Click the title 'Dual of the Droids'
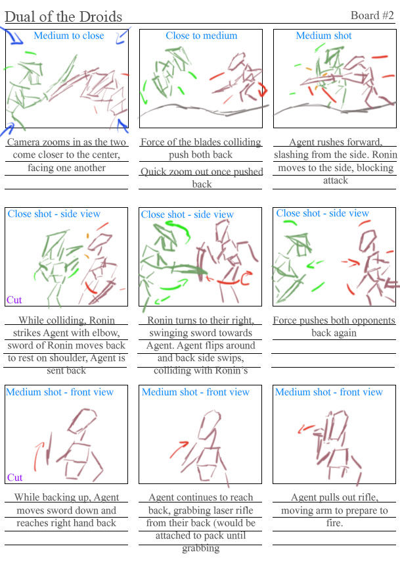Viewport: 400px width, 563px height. [63, 17]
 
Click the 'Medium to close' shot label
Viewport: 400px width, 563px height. [69, 36]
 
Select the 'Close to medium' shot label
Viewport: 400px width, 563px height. [201, 36]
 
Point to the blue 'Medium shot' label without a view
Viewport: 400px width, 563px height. [324, 36]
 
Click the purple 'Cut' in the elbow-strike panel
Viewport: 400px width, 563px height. [14, 300]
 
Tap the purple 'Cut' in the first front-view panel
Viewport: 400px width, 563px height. [14, 477]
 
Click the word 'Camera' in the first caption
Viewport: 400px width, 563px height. [24, 142]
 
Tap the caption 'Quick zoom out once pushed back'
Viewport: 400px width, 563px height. [202, 178]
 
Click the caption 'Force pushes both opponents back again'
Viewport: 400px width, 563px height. [334, 327]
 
